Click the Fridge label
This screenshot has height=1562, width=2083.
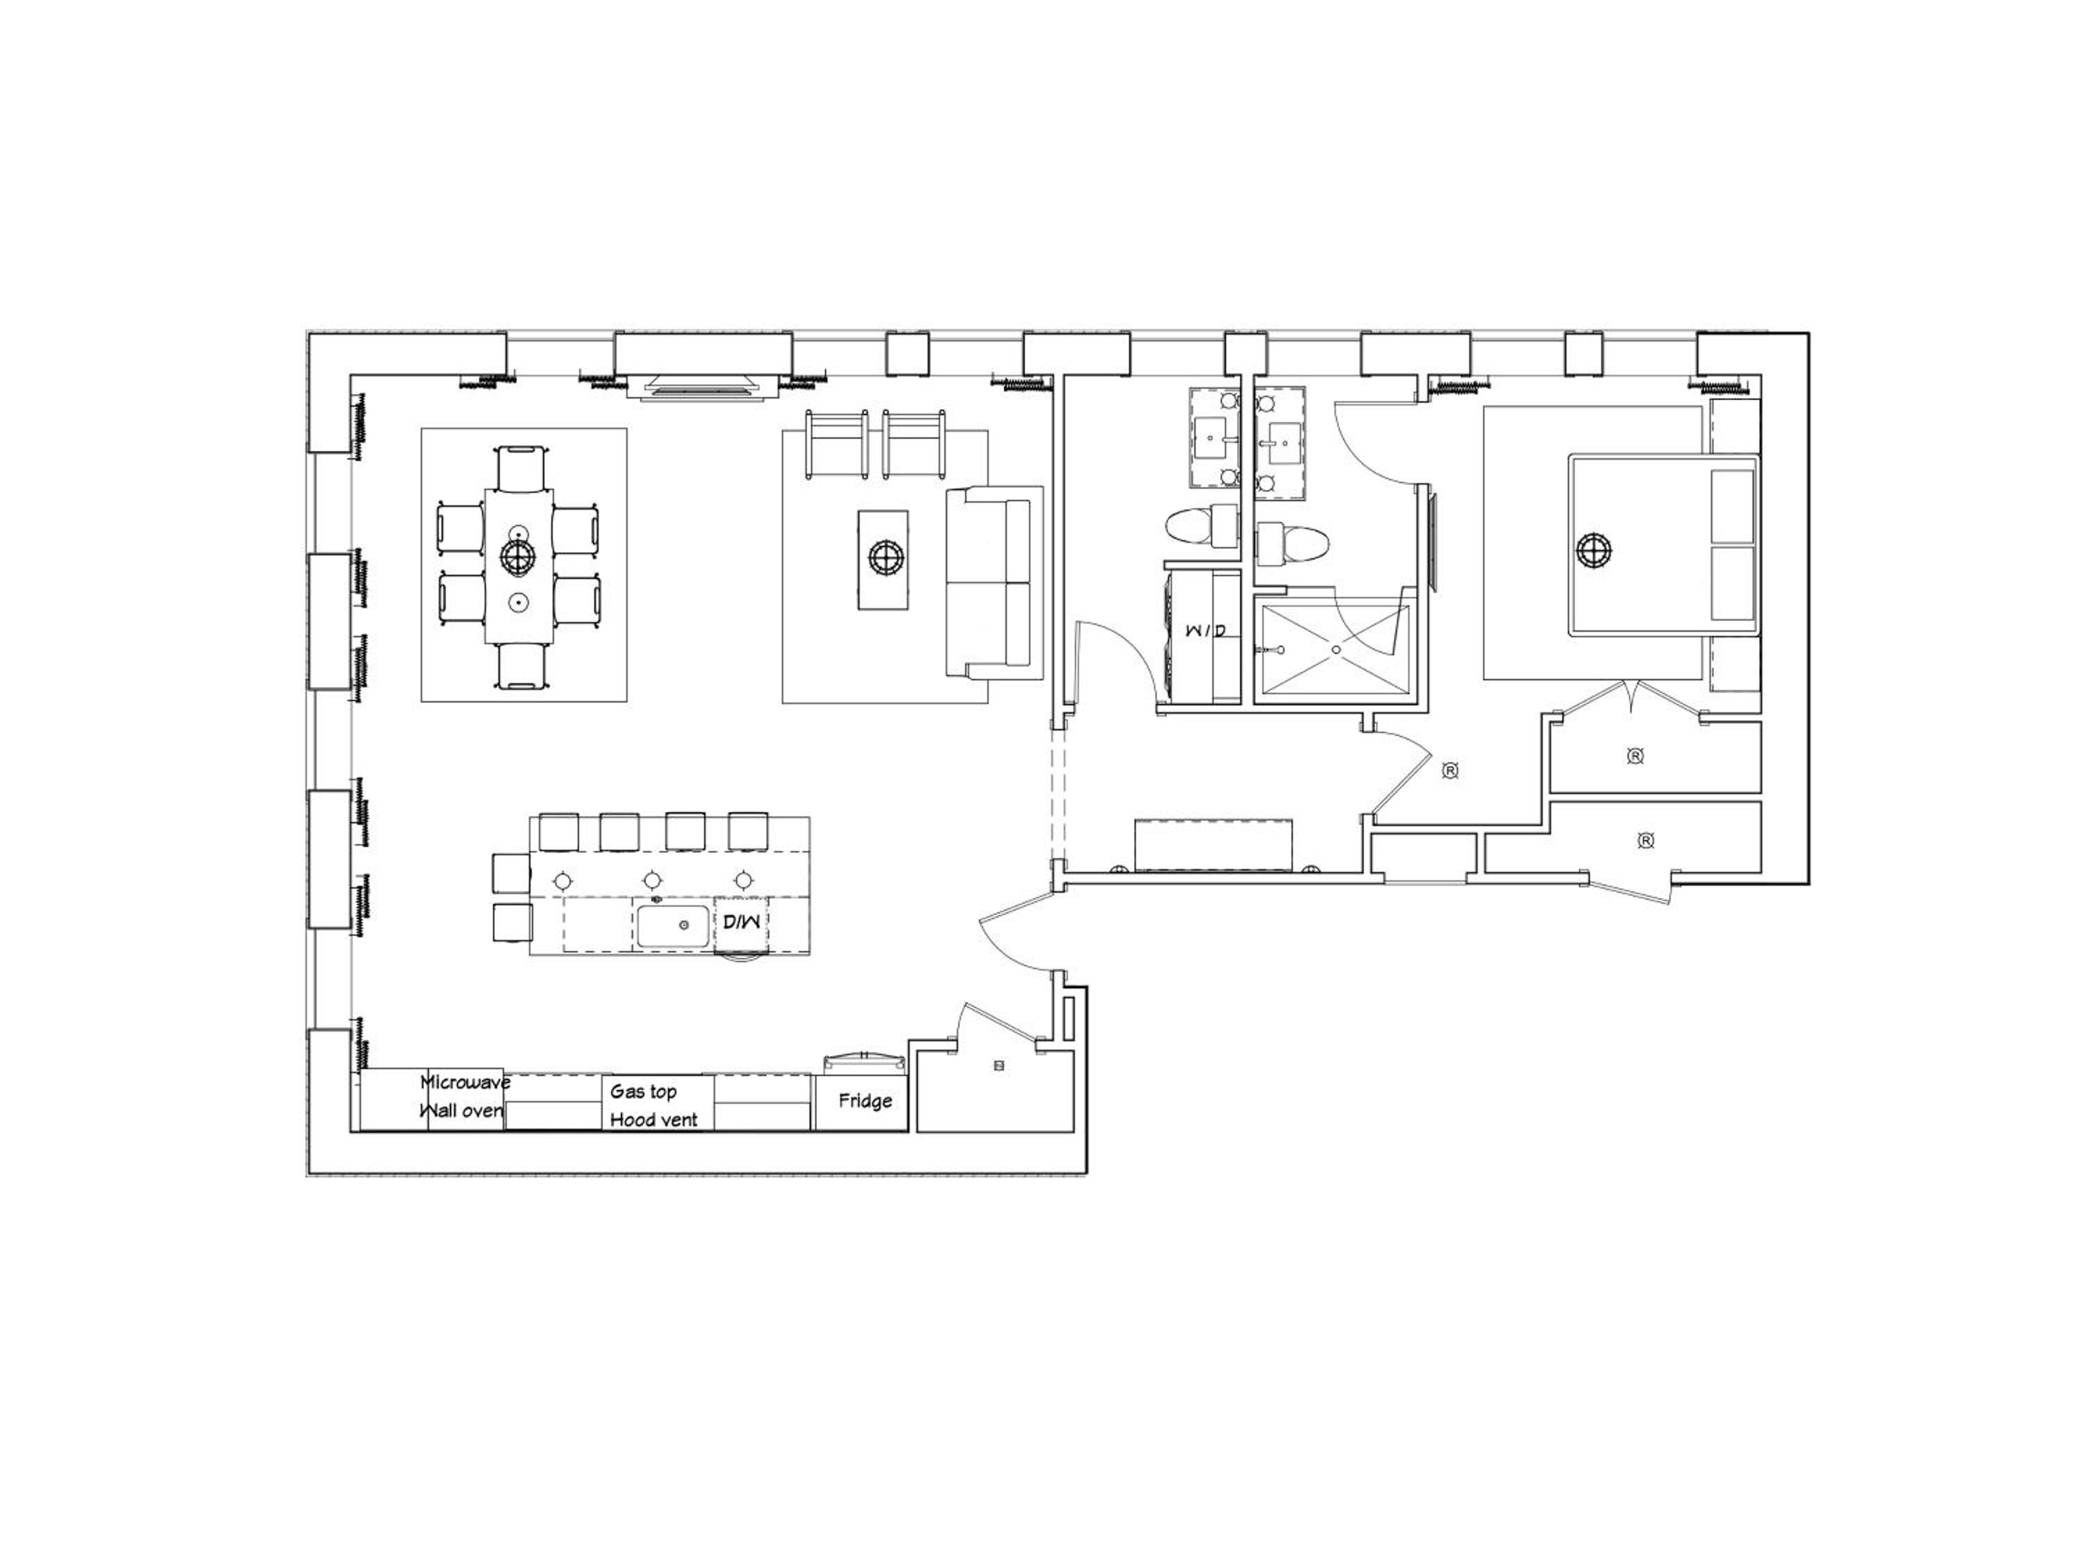point(864,1100)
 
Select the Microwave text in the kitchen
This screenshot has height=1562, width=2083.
point(465,1082)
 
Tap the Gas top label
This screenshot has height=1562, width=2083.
point(643,1091)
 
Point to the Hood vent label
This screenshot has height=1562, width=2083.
point(653,1120)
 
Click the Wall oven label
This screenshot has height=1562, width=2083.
point(462,1111)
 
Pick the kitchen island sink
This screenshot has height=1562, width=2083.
point(672,927)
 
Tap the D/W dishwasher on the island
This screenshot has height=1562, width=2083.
point(742,922)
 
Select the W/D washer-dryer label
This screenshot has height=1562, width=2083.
point(1205,629)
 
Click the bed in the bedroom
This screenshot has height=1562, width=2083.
point(1663,544)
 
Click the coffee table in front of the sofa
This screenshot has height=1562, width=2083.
point(883,560)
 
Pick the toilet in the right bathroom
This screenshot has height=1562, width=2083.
point(1293,544)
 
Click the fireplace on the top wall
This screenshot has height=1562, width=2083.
point(703,386)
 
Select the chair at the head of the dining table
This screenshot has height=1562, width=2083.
point(521,467)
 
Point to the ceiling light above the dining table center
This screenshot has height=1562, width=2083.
point(516,557)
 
